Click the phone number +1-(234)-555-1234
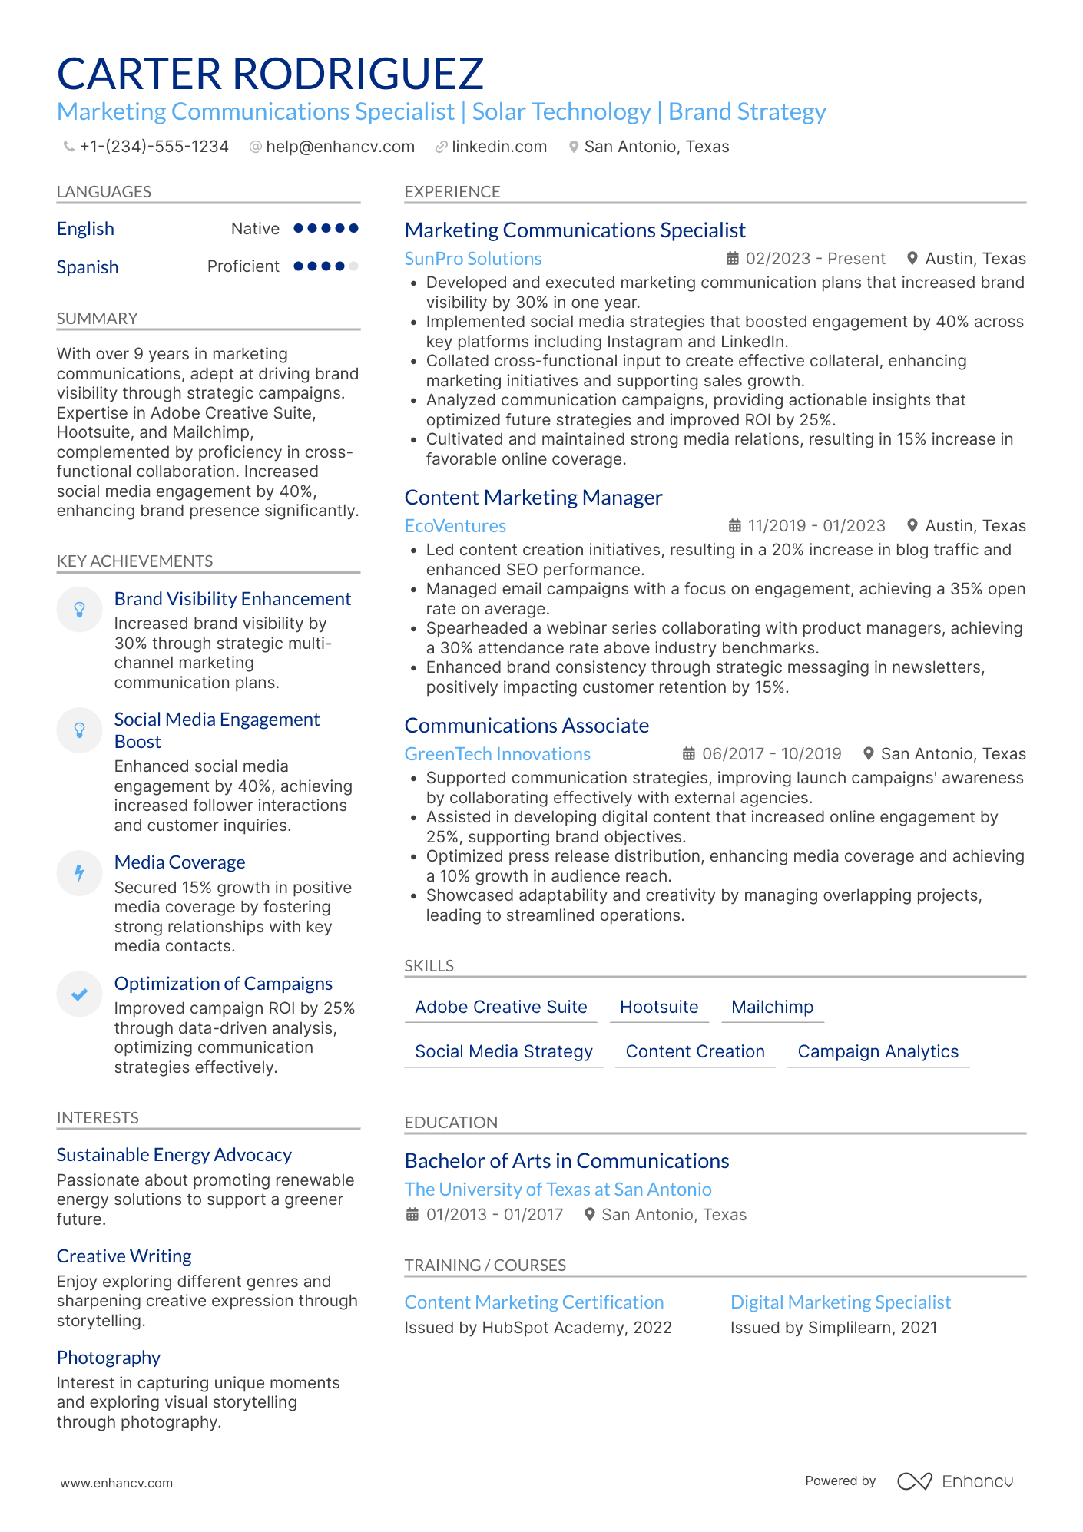pos(154,147)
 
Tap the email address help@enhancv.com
pos(339,147)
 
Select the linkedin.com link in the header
pos(498,147)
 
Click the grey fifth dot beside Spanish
pos(353,266)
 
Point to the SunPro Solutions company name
pos(473,259)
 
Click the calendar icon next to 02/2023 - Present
pos(733,259)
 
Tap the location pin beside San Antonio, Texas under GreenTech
pos(869,754)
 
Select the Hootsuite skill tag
pos(659,1007)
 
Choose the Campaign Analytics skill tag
pos(878,1051)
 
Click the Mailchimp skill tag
pos(772,1007)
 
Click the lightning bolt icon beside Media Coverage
pos(79,873)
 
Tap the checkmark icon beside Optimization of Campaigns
pos(79,994)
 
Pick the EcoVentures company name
pos(455,526)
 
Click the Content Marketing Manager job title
pos(533,498)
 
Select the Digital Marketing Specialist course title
pos(840,1302)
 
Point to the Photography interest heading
pos(108,1358)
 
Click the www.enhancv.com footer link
pos(117,1483)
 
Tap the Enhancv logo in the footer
pos(955,1481)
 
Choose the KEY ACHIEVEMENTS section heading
pos(134,561)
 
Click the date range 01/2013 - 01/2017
pos(495,1215)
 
